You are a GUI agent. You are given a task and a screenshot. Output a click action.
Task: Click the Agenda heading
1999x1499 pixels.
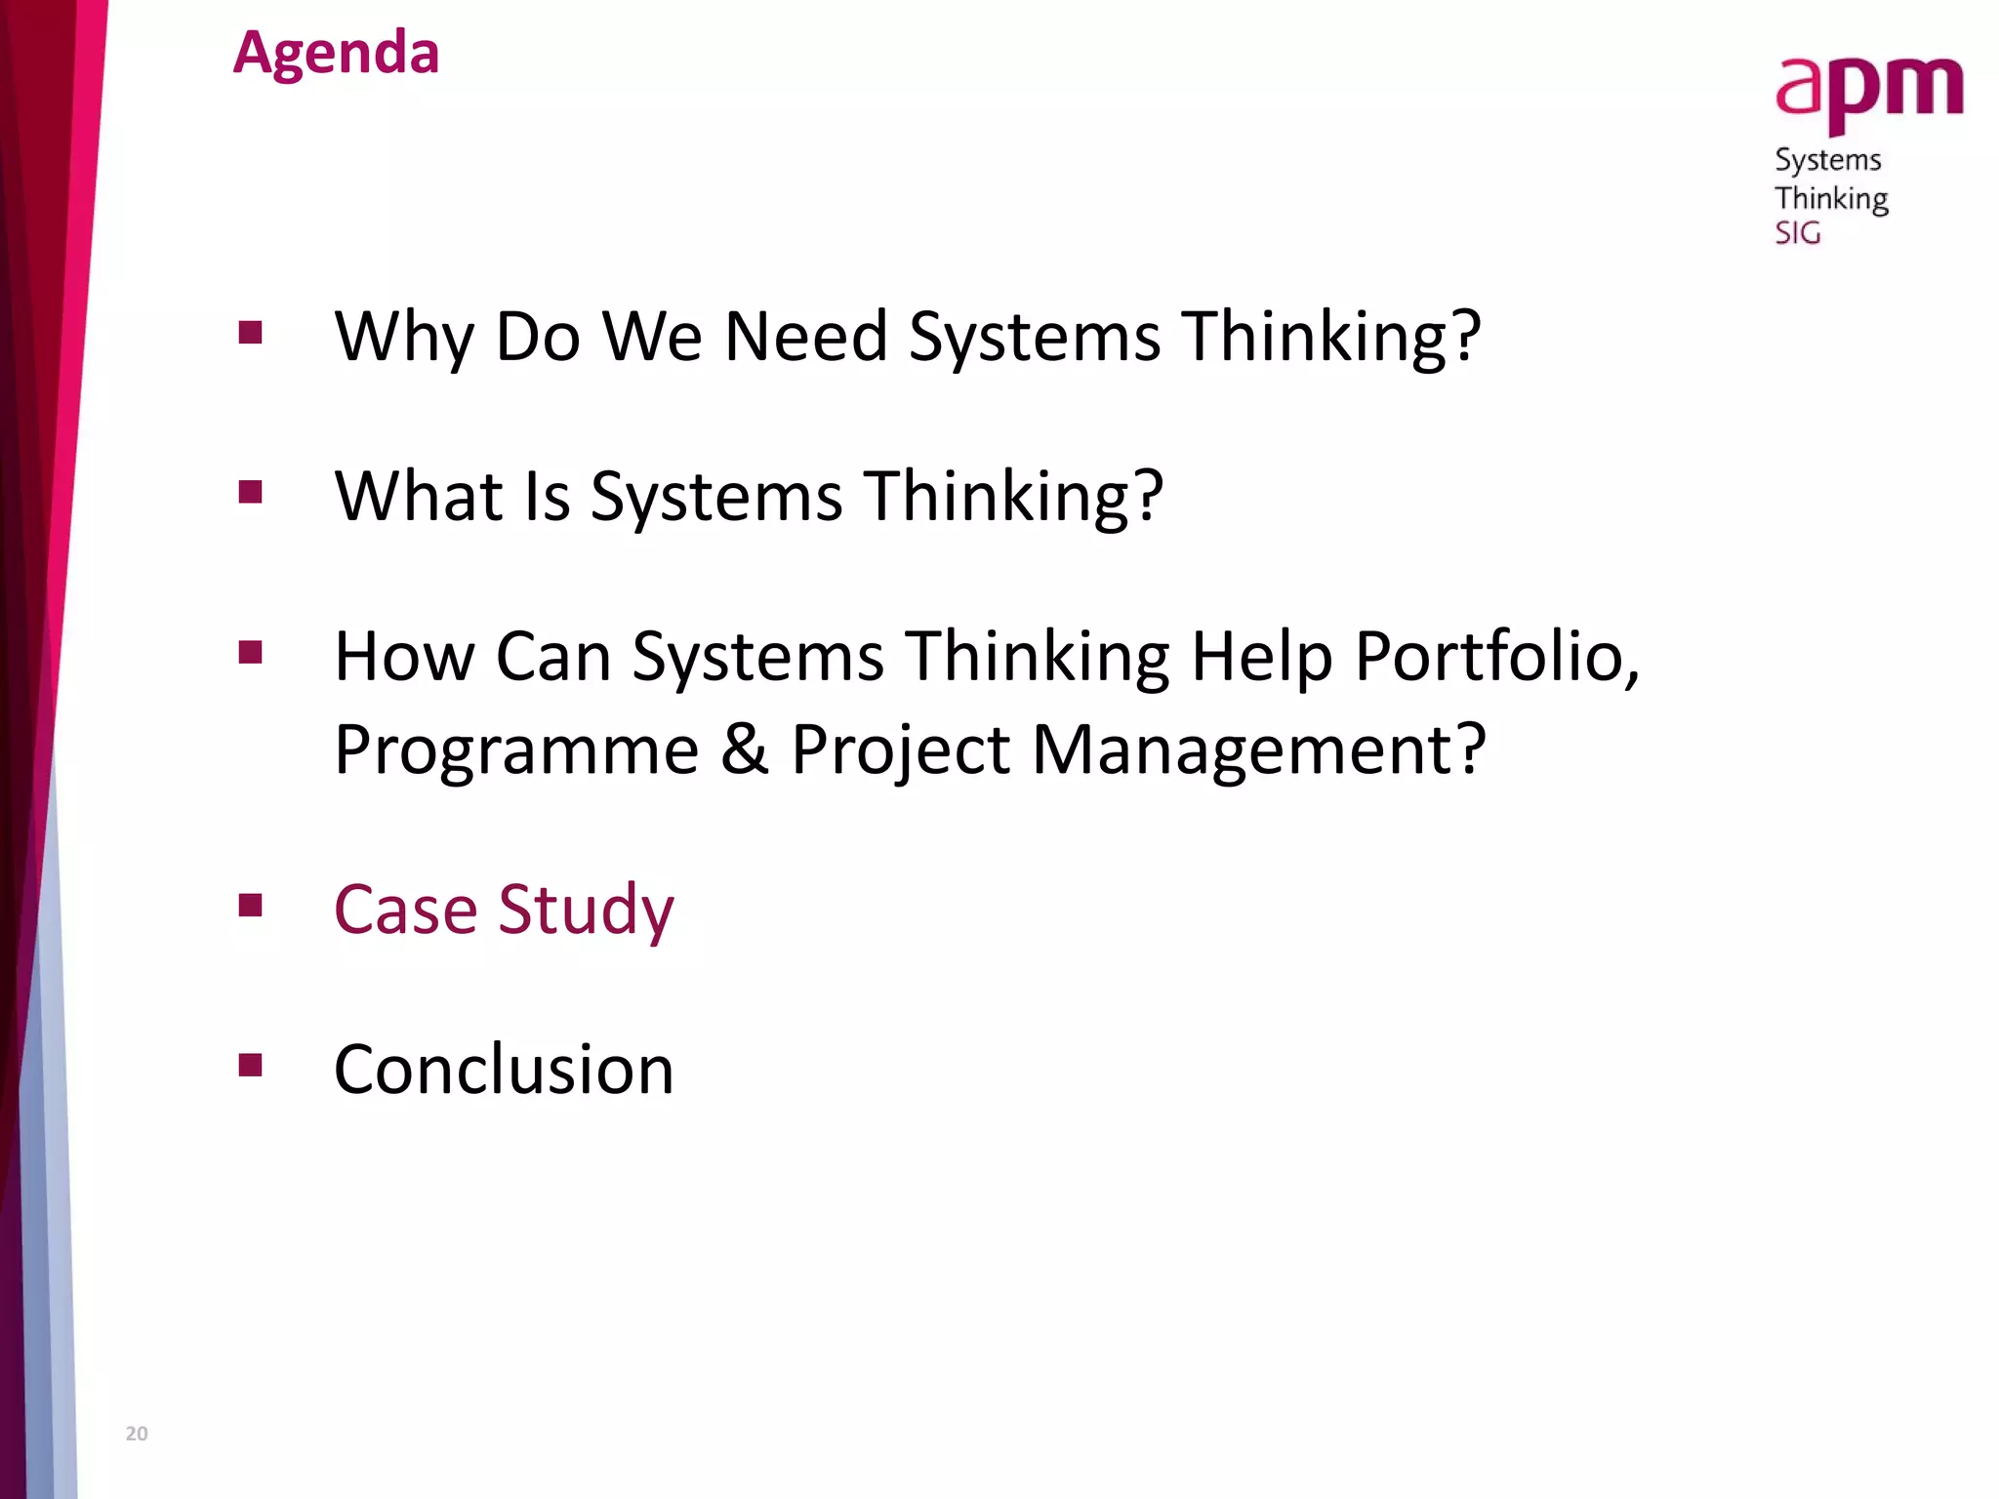coord(336,53)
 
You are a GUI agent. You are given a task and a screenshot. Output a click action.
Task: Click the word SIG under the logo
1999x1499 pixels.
coord(1797,233)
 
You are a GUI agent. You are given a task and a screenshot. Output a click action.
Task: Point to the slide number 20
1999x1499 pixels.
coord(137,1434)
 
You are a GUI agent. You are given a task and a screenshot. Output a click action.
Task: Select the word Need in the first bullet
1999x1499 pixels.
coord(805,337)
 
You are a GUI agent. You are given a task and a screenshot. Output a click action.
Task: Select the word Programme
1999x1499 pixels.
coord(516,749)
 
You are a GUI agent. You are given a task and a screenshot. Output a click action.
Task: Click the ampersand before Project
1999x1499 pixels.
coord(745,749)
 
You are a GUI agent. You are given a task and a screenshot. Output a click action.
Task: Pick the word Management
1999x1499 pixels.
coord(1258,749)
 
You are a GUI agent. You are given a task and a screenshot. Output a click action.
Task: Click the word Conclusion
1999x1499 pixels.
coord(504,1070)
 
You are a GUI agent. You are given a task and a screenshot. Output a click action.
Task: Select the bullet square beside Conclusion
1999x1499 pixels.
coord(251,1064)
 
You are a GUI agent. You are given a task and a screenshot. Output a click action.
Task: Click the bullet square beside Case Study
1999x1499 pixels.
coord(251,905)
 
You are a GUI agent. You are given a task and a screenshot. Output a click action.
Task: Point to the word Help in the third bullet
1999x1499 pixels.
coord(1261,656)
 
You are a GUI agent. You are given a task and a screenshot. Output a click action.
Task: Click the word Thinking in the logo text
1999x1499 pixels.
coord(1831,198)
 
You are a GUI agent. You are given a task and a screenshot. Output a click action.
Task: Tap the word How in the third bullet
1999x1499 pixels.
coord(404,656)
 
